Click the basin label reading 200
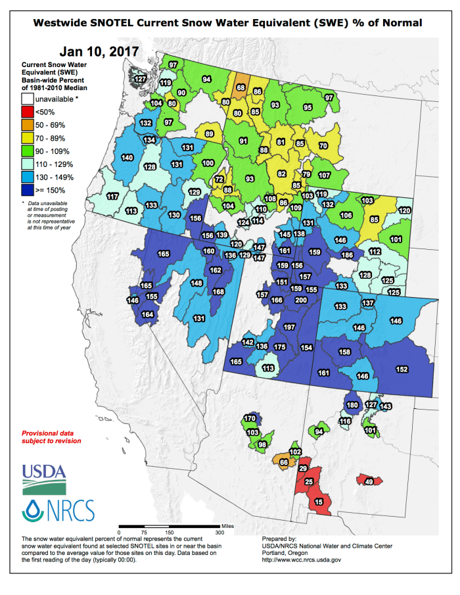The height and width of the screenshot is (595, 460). click(x=302, y=300)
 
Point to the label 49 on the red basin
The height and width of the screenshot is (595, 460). click(x=369, y=482)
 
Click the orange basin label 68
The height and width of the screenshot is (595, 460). click(x=241, y=87)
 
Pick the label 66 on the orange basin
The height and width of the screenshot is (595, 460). click(x=284, y=462)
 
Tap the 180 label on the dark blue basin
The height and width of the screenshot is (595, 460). click(x=352, y=405)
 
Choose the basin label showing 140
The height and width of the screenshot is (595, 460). click(x=127, y=158)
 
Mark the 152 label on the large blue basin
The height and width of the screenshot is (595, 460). click(x=402, y=369)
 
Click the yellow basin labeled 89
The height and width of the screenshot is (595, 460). click(x=210, y=133)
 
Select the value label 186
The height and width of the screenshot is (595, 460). click(x=348, y=255)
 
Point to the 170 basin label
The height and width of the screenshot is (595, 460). click(x=250, y=419)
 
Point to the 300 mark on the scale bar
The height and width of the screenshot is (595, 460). click(x=219, y=533)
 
